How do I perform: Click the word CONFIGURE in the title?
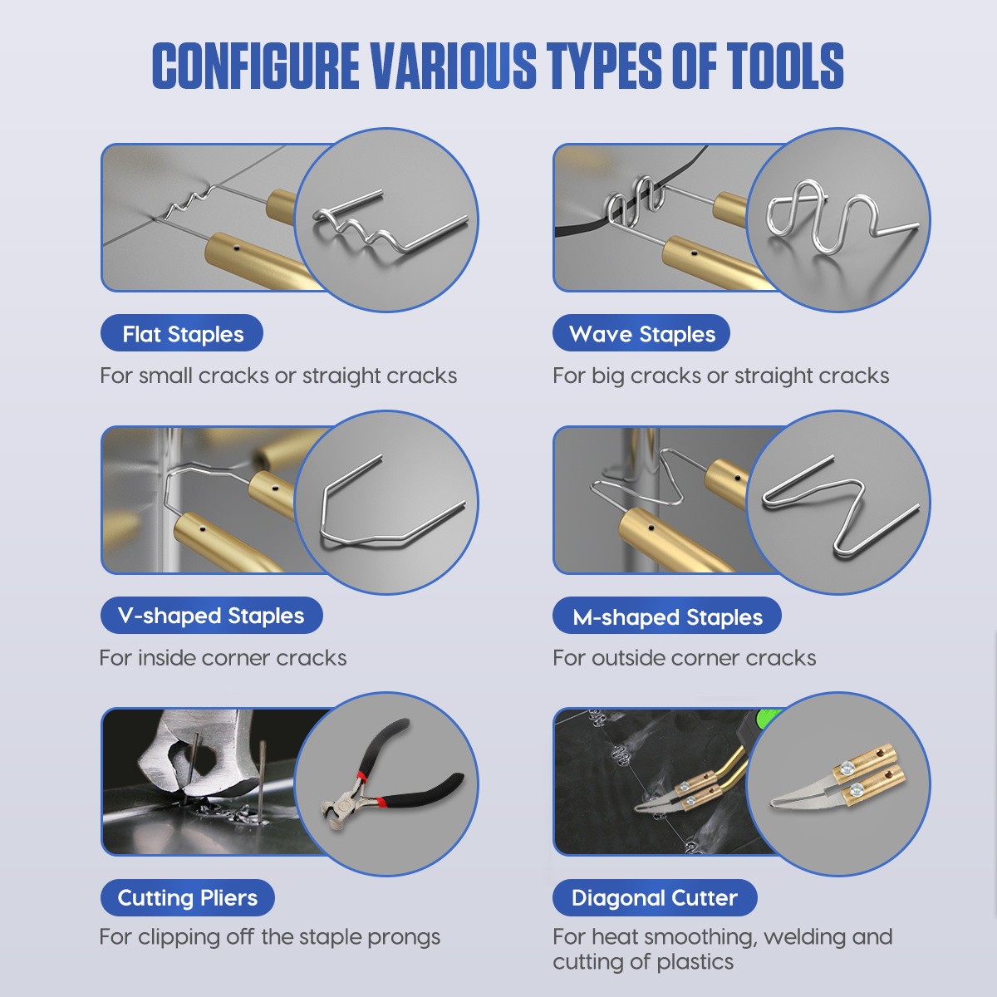point(256,66)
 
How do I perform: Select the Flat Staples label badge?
point(182,333)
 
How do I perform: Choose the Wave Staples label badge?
point(641,333)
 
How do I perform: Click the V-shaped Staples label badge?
point(211,615)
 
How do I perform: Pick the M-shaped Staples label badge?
point(666,615)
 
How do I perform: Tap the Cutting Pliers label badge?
point(187,897)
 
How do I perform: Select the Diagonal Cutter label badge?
point(655,897)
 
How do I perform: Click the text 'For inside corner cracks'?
point(223,658)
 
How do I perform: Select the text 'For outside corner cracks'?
point(684,658)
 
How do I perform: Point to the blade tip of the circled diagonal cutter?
point(772,803)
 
